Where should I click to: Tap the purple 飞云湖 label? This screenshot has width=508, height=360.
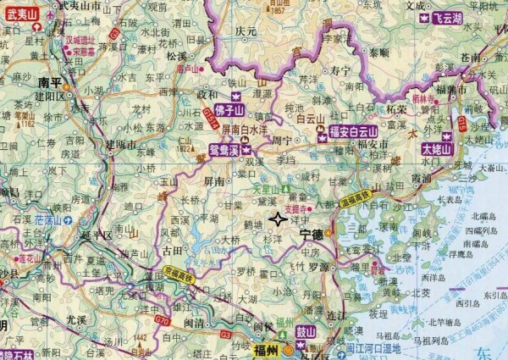tap(445, 18)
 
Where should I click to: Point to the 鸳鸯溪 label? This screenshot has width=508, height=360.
tap(223, 151)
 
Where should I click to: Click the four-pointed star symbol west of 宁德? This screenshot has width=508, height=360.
tap(277, 220)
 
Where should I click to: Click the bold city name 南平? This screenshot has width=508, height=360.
tap(50, 82)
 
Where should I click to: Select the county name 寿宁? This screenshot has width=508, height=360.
tap(340, 69)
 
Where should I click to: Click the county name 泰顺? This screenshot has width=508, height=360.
tap(378, 52)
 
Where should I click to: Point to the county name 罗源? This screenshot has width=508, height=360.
tap(318, 266)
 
